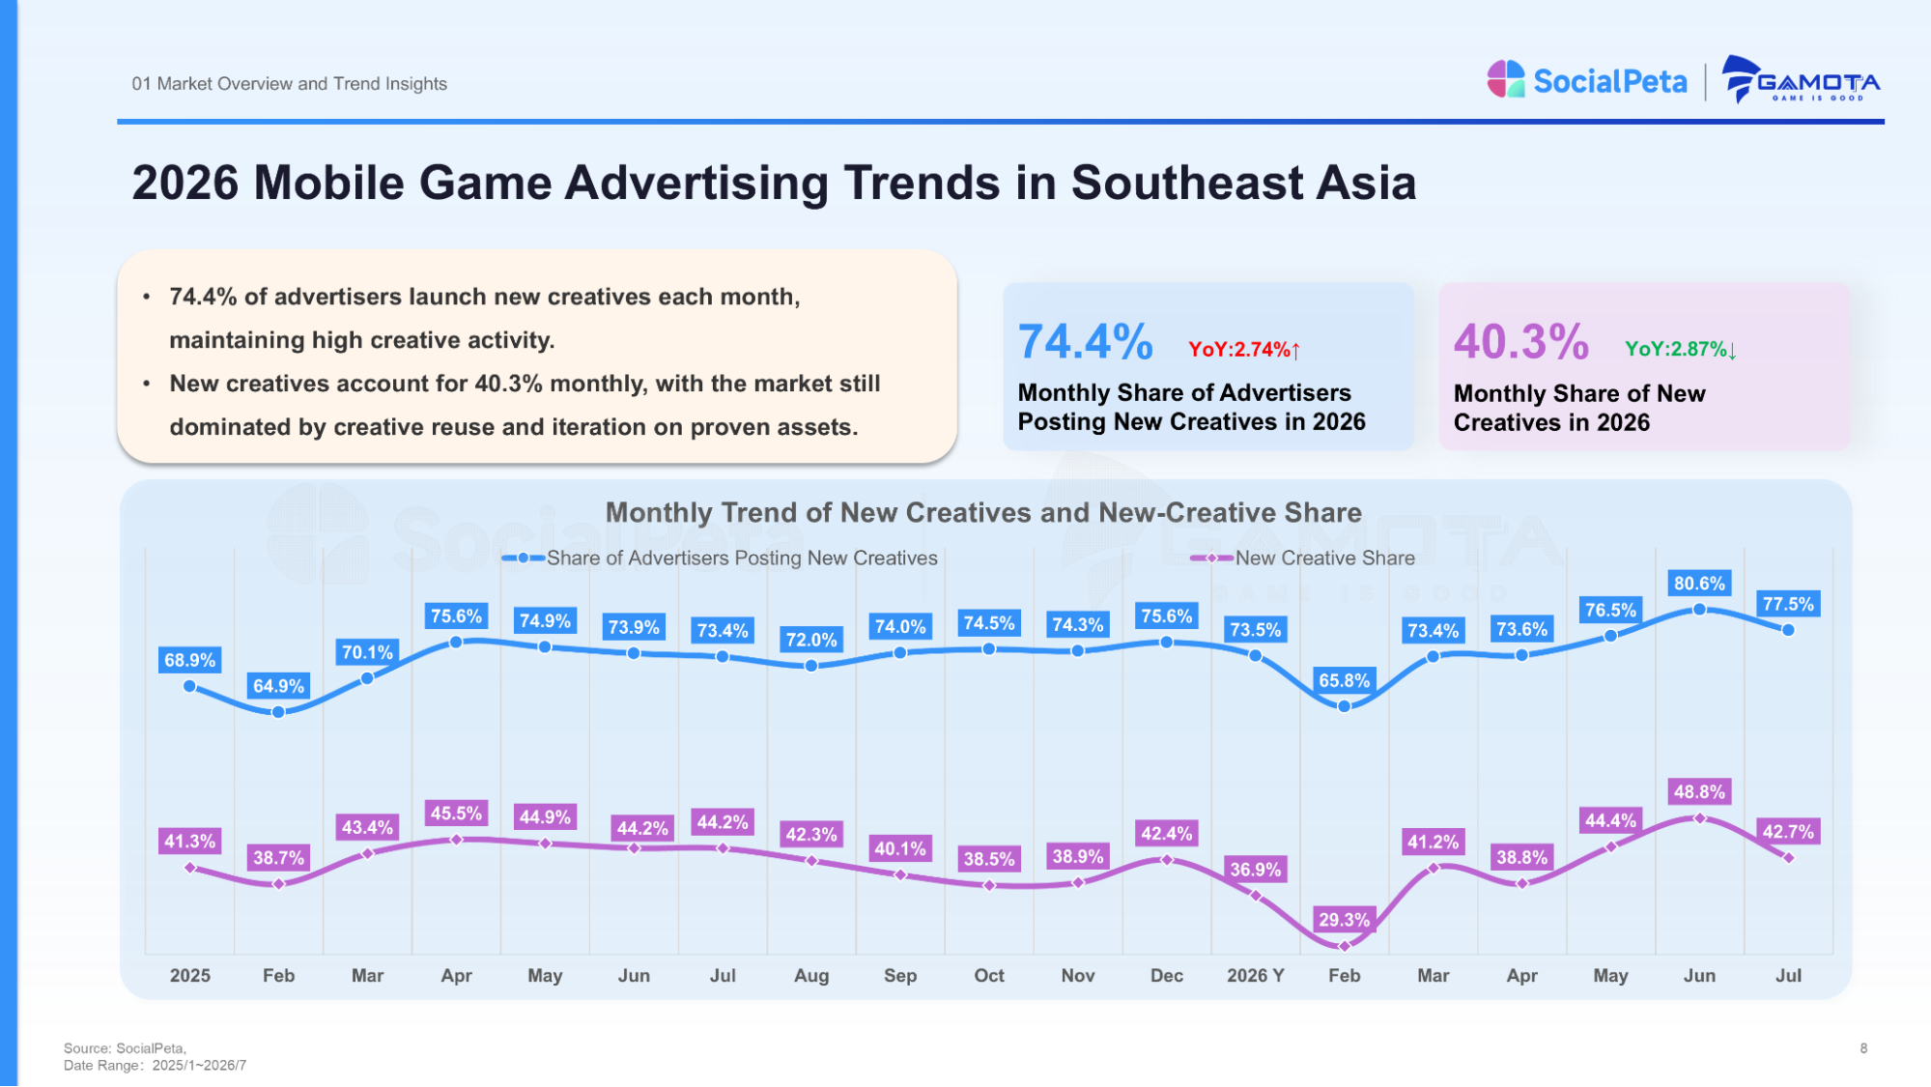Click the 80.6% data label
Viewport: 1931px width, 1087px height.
[1699, 584]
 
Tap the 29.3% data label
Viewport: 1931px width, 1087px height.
[1344, 920]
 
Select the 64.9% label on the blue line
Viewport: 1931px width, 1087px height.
[278, 686]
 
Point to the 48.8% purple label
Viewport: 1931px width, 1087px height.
[1699, 792]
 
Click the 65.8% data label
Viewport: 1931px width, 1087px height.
[1344, 680]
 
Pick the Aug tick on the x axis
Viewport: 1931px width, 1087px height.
[811, 976]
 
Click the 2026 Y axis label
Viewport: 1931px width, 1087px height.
[1255, 976]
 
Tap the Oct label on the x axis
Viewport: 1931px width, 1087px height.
[989, 976]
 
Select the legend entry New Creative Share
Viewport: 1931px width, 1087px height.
[1303, 558]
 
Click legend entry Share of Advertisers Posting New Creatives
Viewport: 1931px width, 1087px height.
[720, 558]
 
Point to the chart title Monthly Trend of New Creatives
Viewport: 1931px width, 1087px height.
[983, 512]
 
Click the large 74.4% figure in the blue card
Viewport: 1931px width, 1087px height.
[1085, 342]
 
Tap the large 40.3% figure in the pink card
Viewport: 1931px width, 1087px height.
[1520, 342]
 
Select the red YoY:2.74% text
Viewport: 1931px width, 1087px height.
[1244, 350]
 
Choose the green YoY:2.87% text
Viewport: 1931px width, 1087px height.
[1681, 350]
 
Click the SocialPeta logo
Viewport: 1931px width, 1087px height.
[1587, 81]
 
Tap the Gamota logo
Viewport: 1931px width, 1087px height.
[1802, 80]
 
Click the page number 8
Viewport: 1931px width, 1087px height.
[1863, 1048]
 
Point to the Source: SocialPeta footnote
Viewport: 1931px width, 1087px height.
[125, 1048]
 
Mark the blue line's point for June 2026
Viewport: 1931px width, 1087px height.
[1699, 610]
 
